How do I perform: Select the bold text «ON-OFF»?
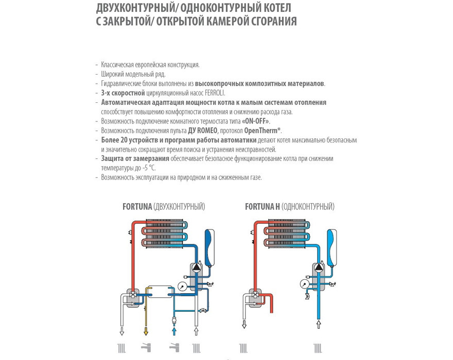[x=256, y=121]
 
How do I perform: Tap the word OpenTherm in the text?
[x=264, y=130]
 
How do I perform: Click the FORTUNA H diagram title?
[x=263, y=207]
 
